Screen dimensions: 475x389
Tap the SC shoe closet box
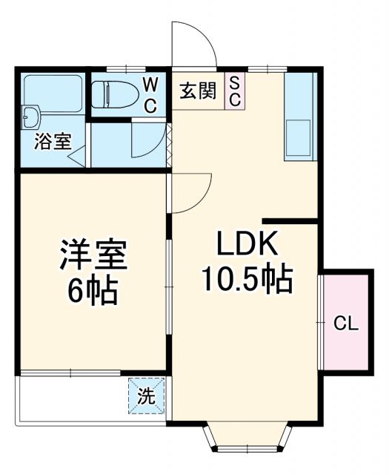(233, 91)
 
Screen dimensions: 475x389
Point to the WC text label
(150, 94)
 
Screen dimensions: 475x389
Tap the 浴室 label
(53, 142)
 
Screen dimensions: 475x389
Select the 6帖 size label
(94, 290)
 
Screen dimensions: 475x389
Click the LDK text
(246, 243)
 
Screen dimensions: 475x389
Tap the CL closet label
(346, 324)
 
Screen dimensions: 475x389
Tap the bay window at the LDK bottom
(246, 439)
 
